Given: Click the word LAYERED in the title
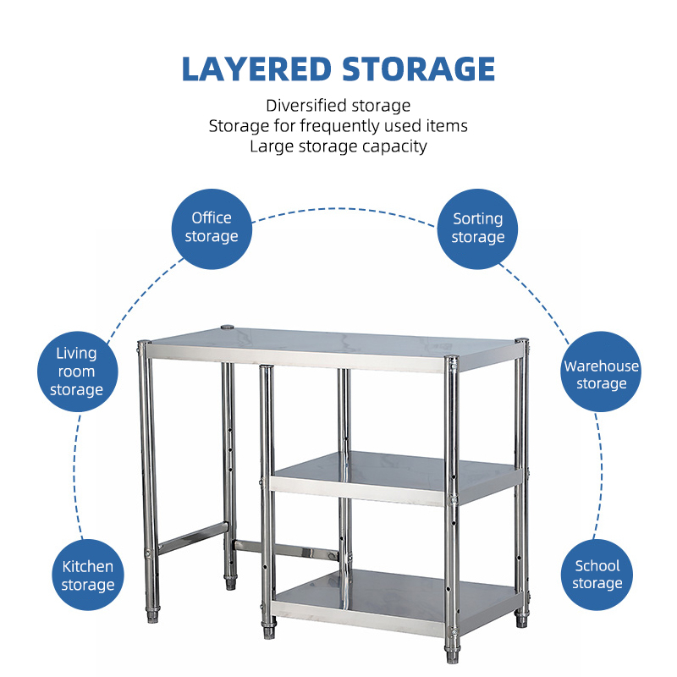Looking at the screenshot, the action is pyautogui.click(x=256, y=69).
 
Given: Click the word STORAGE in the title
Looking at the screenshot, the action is pyautogui.click(x=418, y=69).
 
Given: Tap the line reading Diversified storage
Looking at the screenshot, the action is pyautogui.click(x=338, y=106).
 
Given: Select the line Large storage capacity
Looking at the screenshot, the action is pyautogui.click(x=338, y=146).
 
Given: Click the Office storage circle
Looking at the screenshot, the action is pyautogui.click(x=212, y=228).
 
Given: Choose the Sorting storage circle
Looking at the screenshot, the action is pyautogui.click(x=477, y=228).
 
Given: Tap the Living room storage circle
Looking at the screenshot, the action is pyautogui.click(x=77, y=372).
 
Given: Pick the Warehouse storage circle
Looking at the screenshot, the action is pyautogui.click(x=601, y=372).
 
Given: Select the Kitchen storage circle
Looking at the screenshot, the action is pyautogui.click(x=88, y=575).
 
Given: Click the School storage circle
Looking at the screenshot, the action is pyautogui.click(x=597, y=575).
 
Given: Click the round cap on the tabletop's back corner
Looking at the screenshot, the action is pyautogui.click(x=227, y=327).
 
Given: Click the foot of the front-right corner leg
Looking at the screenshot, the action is pyautogui.click(x=452, y=654).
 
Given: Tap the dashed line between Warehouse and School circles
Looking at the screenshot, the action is pyautogui.click(x=600, y=475).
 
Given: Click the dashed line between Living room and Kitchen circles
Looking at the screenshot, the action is pyautogui.click(x=74, y=475).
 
